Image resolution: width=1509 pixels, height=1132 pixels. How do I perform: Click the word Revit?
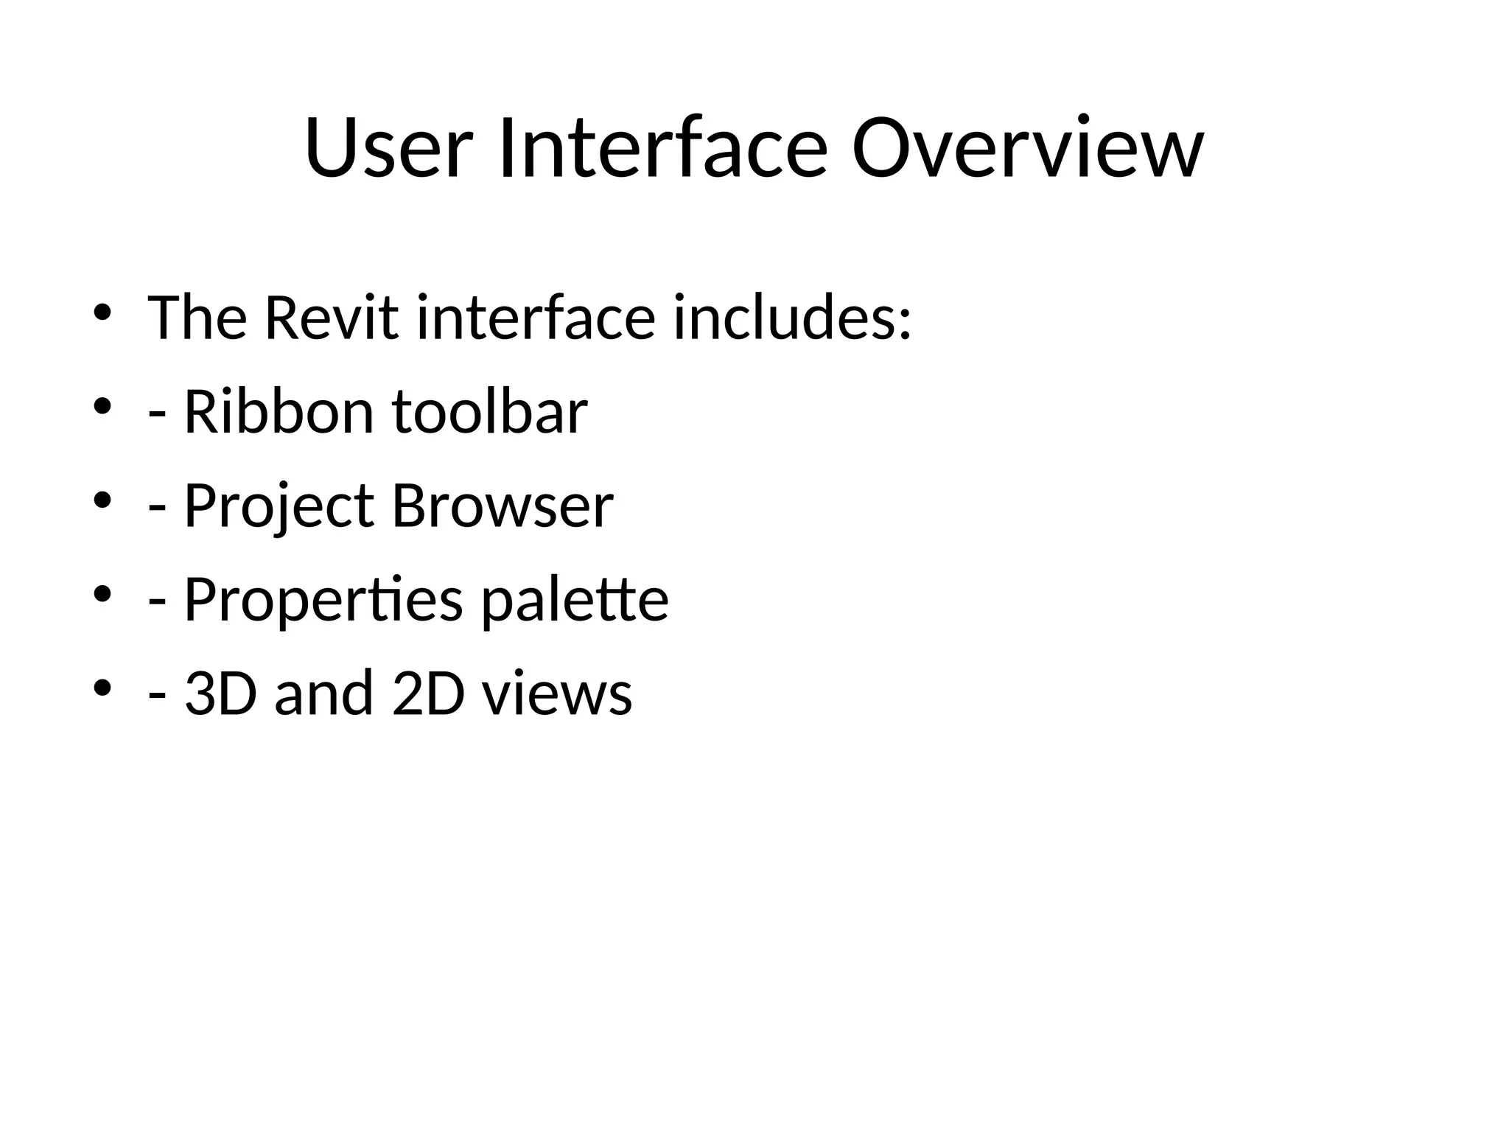coord(331,318)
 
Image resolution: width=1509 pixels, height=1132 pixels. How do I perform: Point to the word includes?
coord(793,318)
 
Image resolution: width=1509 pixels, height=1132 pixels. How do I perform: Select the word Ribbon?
coord(279,412)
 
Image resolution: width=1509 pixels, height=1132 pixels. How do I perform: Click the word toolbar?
coord(490,412)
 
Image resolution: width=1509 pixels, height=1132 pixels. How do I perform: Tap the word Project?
coord(279,506)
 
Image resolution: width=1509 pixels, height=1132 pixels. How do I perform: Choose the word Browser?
coord(503,506)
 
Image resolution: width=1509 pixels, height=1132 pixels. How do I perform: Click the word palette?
coord(575,600)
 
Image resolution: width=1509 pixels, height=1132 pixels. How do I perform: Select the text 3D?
coord(220,693)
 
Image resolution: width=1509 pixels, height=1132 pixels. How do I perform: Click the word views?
coord(558,695)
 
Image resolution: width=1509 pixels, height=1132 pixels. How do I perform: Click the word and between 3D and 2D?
coord(323,693)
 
